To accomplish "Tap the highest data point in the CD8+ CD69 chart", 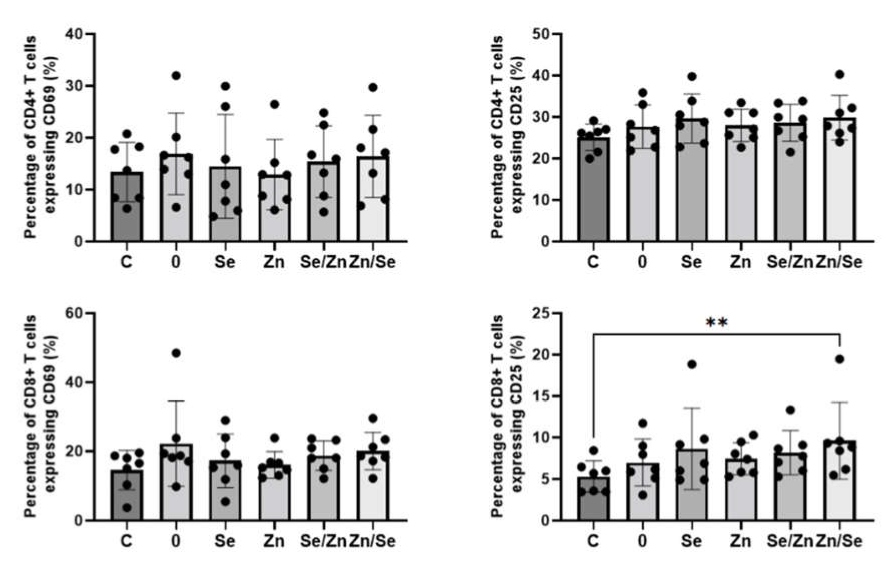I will [176, 353].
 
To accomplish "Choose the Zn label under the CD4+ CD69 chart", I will [274, 262].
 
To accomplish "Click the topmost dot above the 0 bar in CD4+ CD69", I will [176, 75].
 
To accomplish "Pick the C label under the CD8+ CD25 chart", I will [593, 541].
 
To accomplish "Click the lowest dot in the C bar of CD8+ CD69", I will [127, 508].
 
